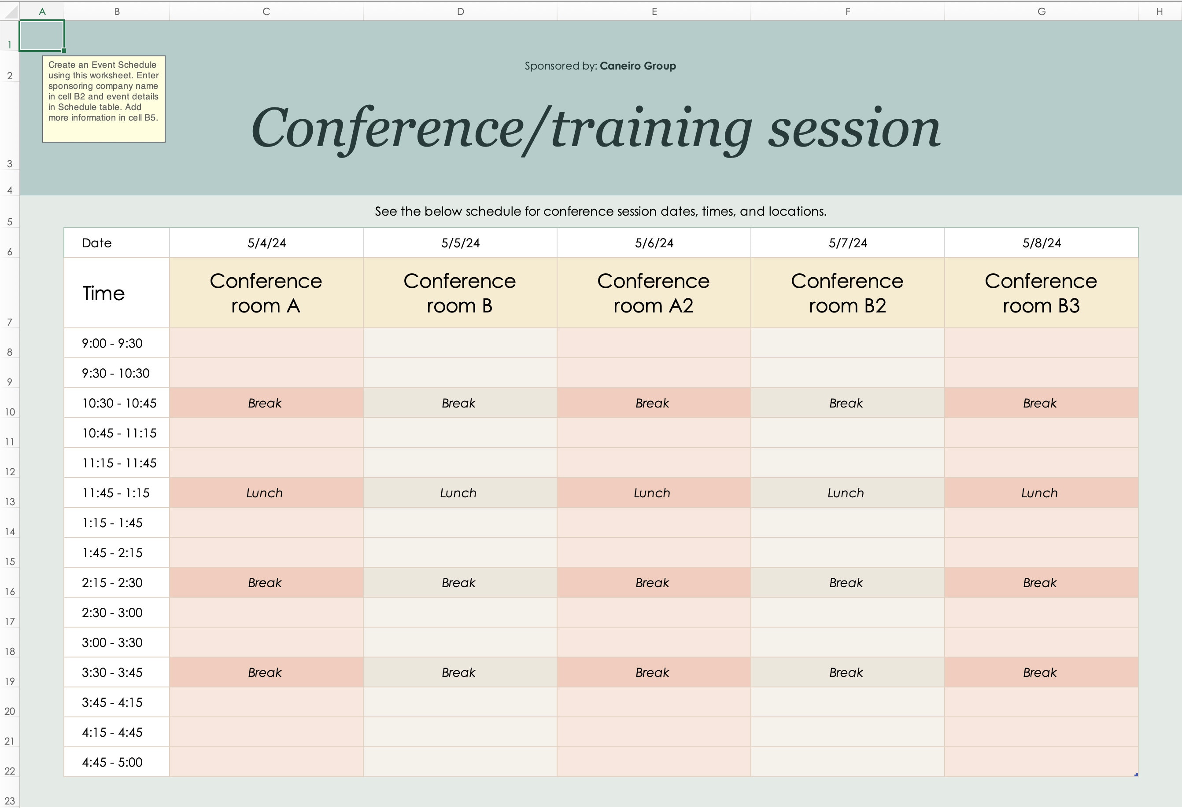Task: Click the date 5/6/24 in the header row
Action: point(654,243)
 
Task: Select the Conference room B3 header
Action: point(1041,293)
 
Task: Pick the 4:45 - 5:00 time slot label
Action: point(112,762)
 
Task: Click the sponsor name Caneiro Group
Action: point(638,66)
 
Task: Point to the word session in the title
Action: point(854,129)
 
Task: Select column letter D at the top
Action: point(460,11)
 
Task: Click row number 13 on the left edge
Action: point(10,502)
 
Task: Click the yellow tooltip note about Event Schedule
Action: point(104,99)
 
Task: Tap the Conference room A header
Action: point(266,293)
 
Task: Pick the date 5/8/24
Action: point(1042,243)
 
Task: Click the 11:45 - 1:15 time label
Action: point(116,493)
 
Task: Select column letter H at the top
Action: point(1160,11)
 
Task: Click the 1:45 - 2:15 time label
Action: point(112,553)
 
